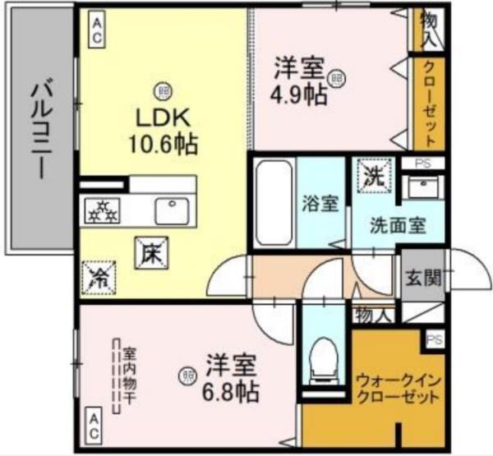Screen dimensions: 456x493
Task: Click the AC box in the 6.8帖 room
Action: coord(96,425)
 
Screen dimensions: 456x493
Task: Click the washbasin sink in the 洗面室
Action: coord(425,185)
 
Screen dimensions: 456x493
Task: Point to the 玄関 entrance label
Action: coord(422,277)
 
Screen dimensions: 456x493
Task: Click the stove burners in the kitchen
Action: coord(104,211)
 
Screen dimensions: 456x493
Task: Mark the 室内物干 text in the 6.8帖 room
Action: coord(129,377)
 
